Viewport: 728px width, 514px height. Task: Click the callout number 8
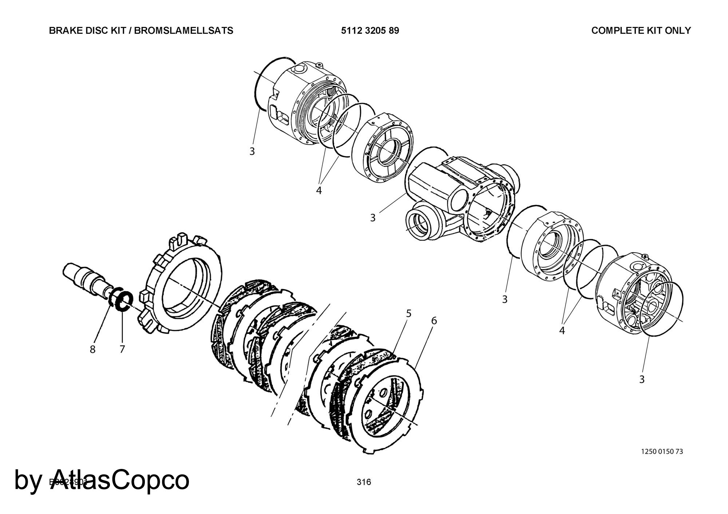point(92,349)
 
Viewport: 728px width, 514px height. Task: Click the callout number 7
point(122,349)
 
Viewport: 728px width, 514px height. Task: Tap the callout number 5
point(409,313)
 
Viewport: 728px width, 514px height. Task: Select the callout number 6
point(434,321)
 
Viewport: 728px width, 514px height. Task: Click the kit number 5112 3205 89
point(370,31)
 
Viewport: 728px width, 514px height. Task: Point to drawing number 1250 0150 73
point(662,451)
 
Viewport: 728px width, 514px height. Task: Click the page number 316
point(364,482)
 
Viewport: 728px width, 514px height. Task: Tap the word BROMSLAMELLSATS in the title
point(184,31)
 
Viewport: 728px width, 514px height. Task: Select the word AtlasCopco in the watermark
point(120,480)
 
